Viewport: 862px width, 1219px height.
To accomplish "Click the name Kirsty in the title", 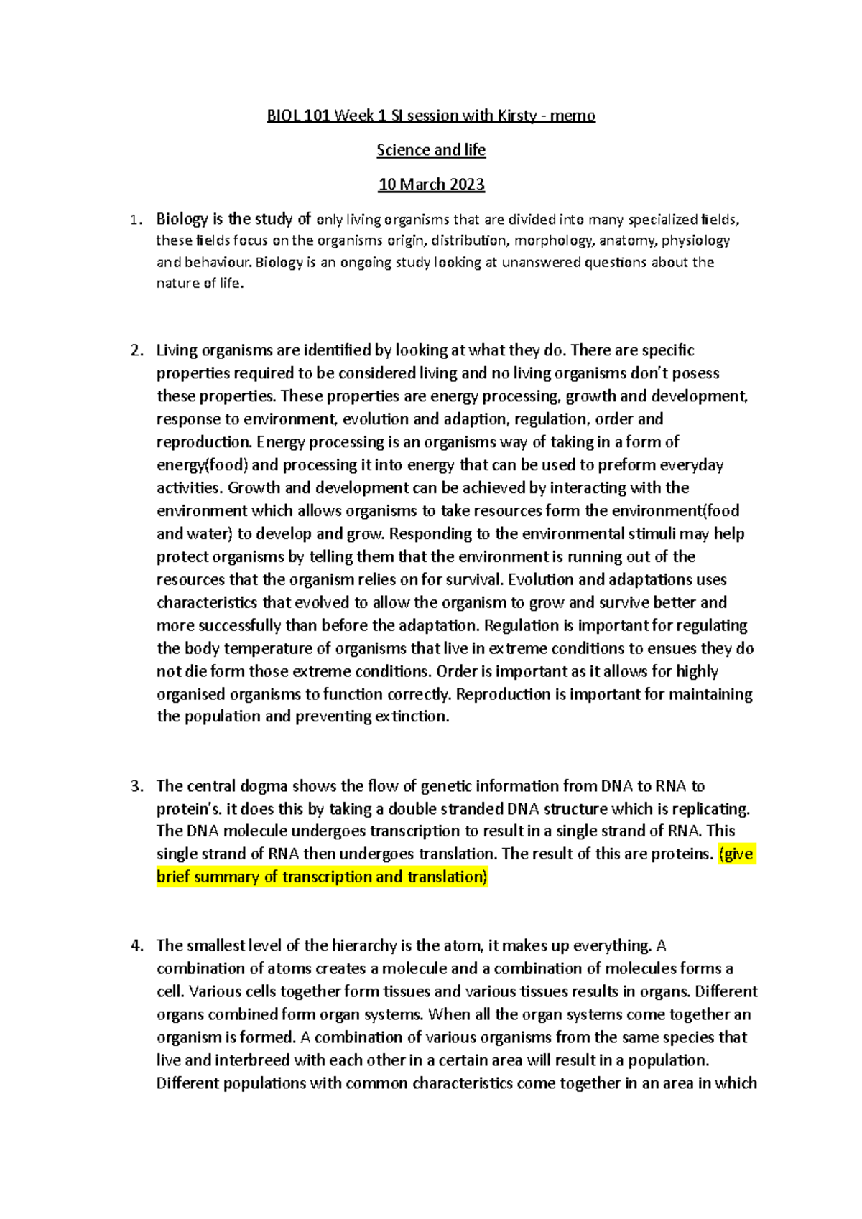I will pyautogui.click(x=516, y=116).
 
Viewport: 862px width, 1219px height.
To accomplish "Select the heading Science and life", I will pyautogui.click(x=431, y=150).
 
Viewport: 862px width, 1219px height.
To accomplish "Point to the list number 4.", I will pyautogui.click(x=136, y=945).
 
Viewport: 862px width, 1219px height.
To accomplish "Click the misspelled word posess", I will pyautogui.click(x=696, y=373).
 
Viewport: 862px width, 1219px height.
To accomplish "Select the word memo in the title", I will pyautogui.click(x=573, y=116).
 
